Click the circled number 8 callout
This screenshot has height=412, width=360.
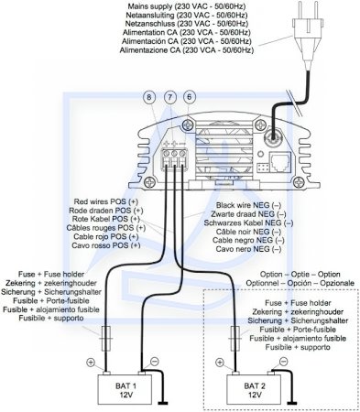click(x=149, y=97)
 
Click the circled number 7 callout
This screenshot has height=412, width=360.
click(x=170, y=97)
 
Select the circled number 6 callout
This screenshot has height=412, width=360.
click(x=190, y=97)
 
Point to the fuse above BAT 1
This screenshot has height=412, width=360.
click(x=106, y=339)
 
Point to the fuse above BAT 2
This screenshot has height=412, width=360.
click(x=235, y=339)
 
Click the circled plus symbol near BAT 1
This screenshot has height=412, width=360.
click(x=91, y=363)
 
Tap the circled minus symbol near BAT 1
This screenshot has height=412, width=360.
click(x=155, y=362)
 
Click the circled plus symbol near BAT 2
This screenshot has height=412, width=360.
click(x=220, y=363)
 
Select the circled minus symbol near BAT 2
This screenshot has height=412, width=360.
click(x=284, y=362)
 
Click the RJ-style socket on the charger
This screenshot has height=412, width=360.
click(x=280, y=163)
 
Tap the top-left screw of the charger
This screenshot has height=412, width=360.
click(x=189, y=125)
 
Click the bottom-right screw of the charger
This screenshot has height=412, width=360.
click(x=299, y=182)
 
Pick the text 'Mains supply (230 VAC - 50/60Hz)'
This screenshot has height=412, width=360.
click(x=187, y=6)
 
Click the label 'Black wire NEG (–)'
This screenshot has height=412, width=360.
click(x=248, y=205)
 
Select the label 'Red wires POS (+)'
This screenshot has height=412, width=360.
click(x=106, y=201)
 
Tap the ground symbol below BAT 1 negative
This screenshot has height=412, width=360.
click(x=163, y=404)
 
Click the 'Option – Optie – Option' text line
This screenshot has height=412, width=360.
click(x=300, y=274)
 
